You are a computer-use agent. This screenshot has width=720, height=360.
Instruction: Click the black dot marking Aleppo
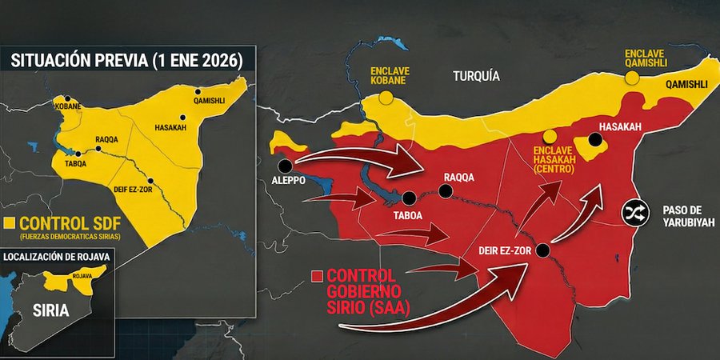tap(286, 166)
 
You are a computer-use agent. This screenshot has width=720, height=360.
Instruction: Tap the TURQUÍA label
tap(476, 77)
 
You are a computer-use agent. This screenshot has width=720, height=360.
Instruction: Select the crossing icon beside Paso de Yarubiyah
tap(635, 213)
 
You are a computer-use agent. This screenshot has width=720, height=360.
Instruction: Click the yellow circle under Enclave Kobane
tap(386, 98)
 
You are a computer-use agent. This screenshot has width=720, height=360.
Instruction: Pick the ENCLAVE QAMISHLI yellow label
tap(648, 58)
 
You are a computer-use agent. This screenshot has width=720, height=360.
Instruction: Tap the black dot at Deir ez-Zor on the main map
tap(543, 250)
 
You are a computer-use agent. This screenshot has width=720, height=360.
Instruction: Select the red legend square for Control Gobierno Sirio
tap(318, 275)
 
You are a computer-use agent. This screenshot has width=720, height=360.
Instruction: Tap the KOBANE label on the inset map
tap(66, 106)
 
